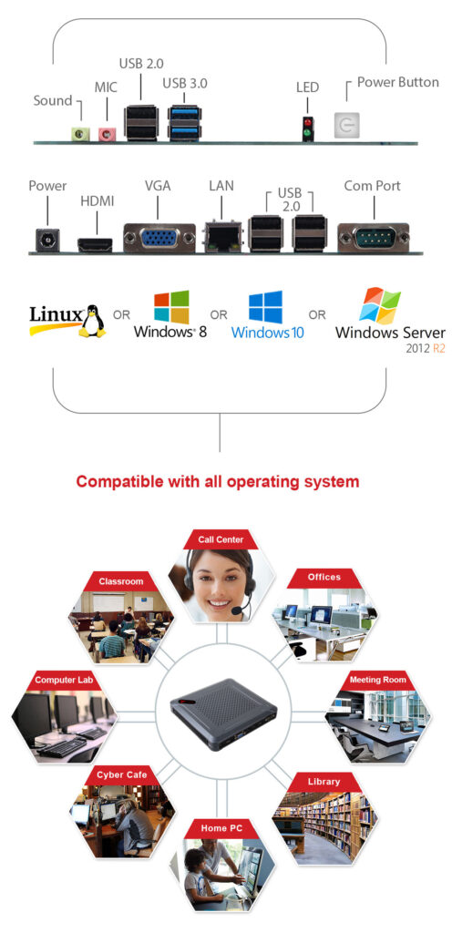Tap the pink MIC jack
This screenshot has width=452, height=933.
click(106, 134)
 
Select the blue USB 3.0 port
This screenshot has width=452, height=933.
click(184, 123)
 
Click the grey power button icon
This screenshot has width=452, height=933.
click(345, 126)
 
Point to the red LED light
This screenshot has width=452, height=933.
click(307, 123)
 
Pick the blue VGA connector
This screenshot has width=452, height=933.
click(159, 238)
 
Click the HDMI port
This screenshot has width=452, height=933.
click(95, 244)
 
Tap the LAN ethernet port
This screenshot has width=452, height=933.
click(222, 237)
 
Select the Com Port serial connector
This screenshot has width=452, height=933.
click(374, 238)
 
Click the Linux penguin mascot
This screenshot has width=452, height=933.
click(92, 321)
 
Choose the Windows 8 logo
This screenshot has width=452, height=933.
click(171, 307)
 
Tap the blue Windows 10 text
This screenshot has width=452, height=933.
click(268, 332)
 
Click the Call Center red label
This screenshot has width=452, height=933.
click(221, 539)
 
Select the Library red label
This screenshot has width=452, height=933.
click(324, 781)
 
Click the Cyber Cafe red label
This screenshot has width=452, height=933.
click(122, 774)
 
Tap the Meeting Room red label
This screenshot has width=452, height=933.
click(377, 680)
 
